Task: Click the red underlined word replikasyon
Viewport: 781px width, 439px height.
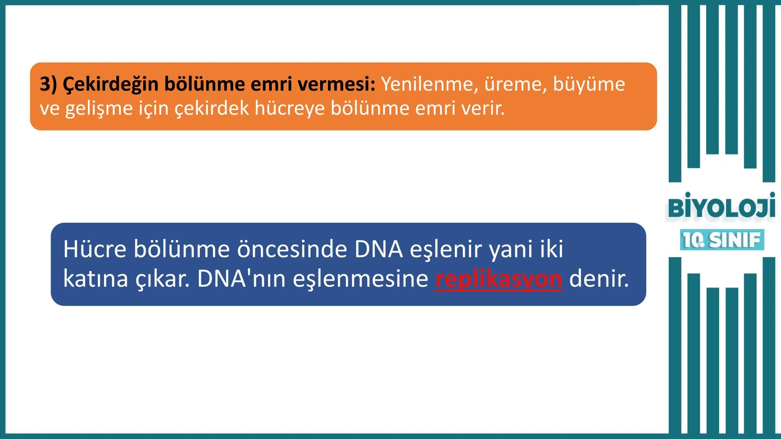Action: [499, 279]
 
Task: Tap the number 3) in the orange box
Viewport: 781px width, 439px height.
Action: [48, 84]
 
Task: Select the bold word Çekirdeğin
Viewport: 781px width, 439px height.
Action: [110, 84]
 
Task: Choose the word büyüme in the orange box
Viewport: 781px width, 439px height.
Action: [589, 84]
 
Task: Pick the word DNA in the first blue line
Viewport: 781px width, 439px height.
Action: [378, 249]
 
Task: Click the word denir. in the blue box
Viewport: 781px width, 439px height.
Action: [599, 279]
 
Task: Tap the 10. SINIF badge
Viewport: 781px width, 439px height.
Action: [722, 240]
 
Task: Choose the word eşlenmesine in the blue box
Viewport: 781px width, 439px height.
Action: [360, 279]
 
